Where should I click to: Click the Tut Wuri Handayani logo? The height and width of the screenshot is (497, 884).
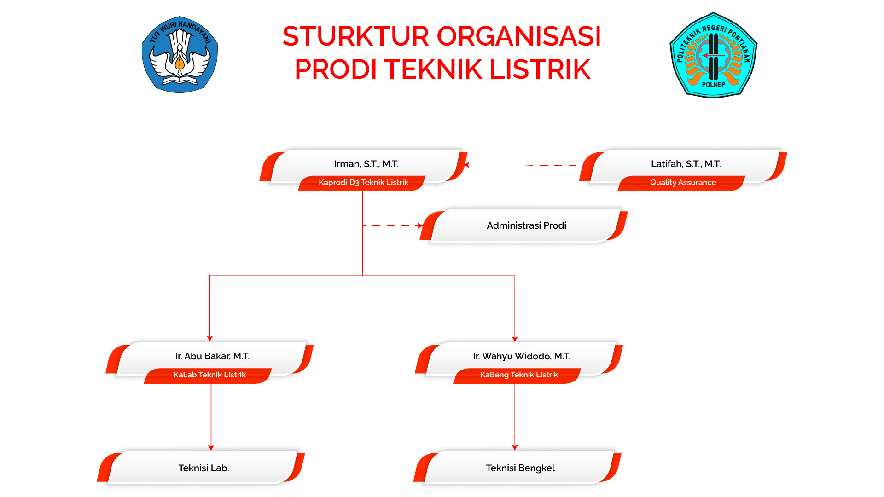pos(180,54)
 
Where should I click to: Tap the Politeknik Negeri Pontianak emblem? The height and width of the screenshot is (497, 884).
pos(713,55)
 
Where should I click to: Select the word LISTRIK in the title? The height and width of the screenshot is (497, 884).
pos(540,69)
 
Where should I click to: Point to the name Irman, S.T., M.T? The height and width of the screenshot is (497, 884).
pos(366,164)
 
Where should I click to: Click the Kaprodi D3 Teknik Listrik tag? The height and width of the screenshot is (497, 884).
pos(363,183)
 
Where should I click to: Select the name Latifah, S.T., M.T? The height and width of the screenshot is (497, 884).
pos(686,164)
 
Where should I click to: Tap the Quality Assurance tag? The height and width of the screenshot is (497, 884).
pos(683,183)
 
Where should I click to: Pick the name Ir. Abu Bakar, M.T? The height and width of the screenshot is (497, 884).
pos(212,356)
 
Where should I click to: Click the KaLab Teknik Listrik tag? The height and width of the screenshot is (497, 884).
pos(209,375)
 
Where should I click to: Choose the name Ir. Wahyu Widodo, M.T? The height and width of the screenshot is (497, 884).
pos(522,356)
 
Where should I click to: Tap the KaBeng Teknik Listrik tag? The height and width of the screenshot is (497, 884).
pos(519,375)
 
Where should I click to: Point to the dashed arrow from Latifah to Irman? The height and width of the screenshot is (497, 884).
pos(520,165)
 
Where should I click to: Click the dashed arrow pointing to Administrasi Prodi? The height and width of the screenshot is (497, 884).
pos(393,226)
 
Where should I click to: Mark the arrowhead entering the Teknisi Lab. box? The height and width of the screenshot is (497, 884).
pos(211,448)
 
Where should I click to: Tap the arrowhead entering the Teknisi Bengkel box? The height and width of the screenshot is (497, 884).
pos(515,448)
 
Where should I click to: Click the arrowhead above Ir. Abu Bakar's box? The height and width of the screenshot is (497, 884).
pos(210,339)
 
